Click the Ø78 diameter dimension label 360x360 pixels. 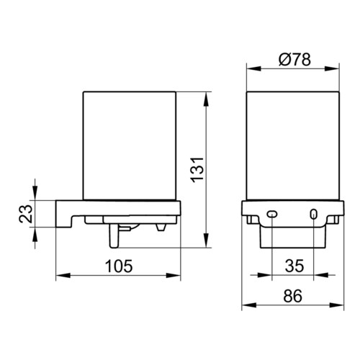[294, 60]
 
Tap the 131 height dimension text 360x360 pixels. [197, 170]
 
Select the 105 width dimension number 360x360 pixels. [119, 266]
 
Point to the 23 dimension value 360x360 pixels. [26, 214]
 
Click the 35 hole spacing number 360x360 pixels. [294, 266]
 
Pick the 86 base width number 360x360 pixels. [293, 296]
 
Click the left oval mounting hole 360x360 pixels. [272, 214]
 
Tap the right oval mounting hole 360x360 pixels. [313, 214]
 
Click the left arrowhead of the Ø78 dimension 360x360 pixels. [254, 68]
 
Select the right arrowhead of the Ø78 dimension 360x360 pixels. [332, 68]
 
